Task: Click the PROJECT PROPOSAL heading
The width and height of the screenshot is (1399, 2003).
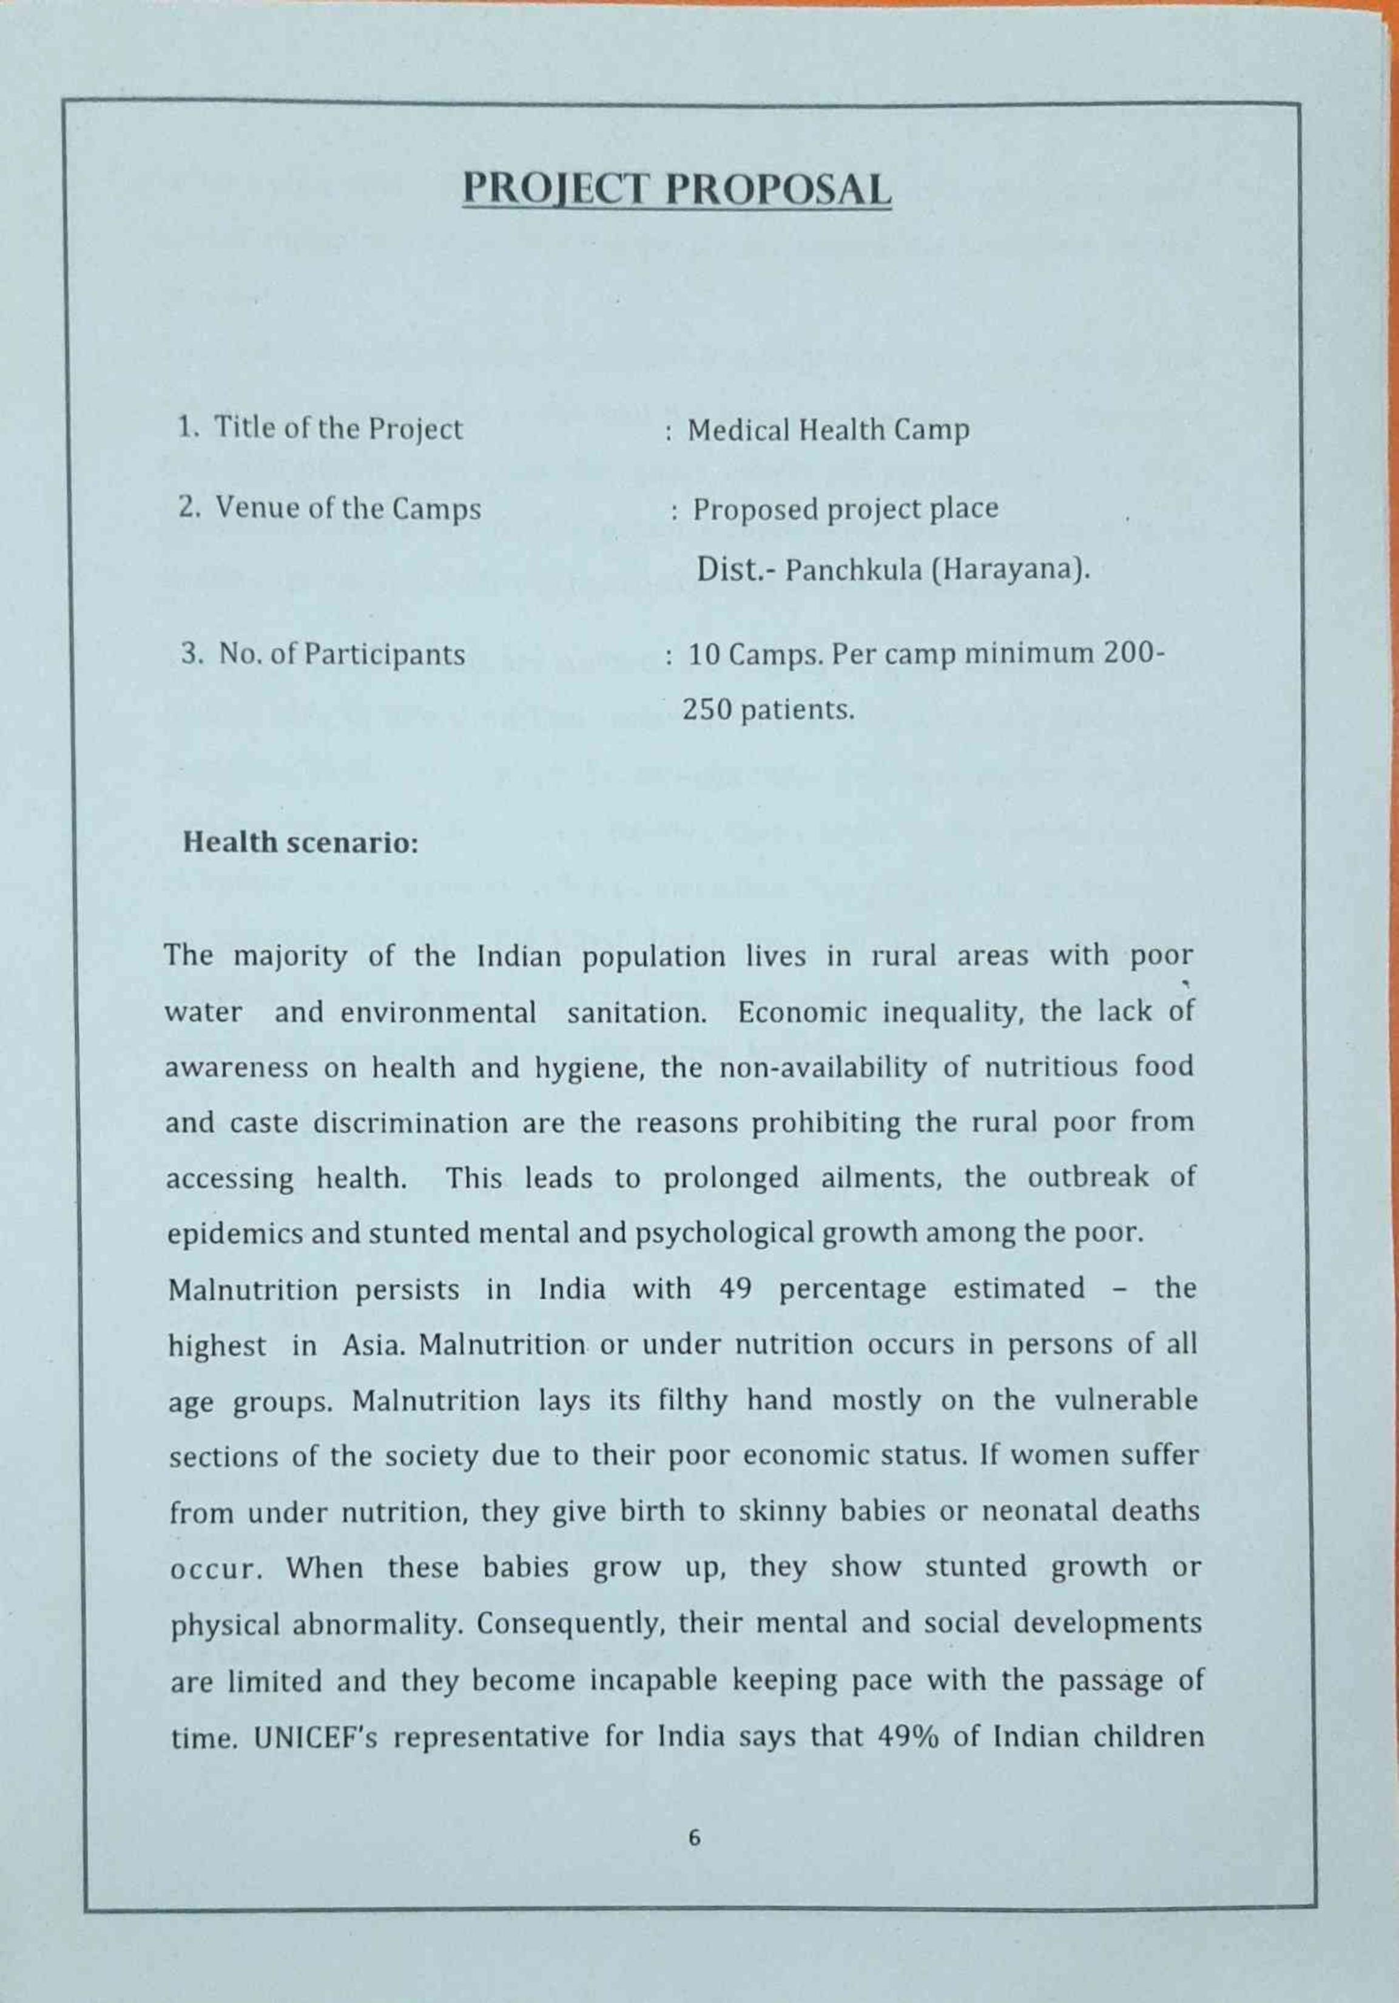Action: (677, 189)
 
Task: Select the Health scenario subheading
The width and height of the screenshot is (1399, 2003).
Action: (300, 842)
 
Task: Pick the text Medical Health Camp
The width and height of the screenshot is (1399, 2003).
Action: (828, 430)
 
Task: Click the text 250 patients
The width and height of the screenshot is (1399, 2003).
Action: (767, 710)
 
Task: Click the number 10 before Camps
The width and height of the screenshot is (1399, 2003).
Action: (702, 654)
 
